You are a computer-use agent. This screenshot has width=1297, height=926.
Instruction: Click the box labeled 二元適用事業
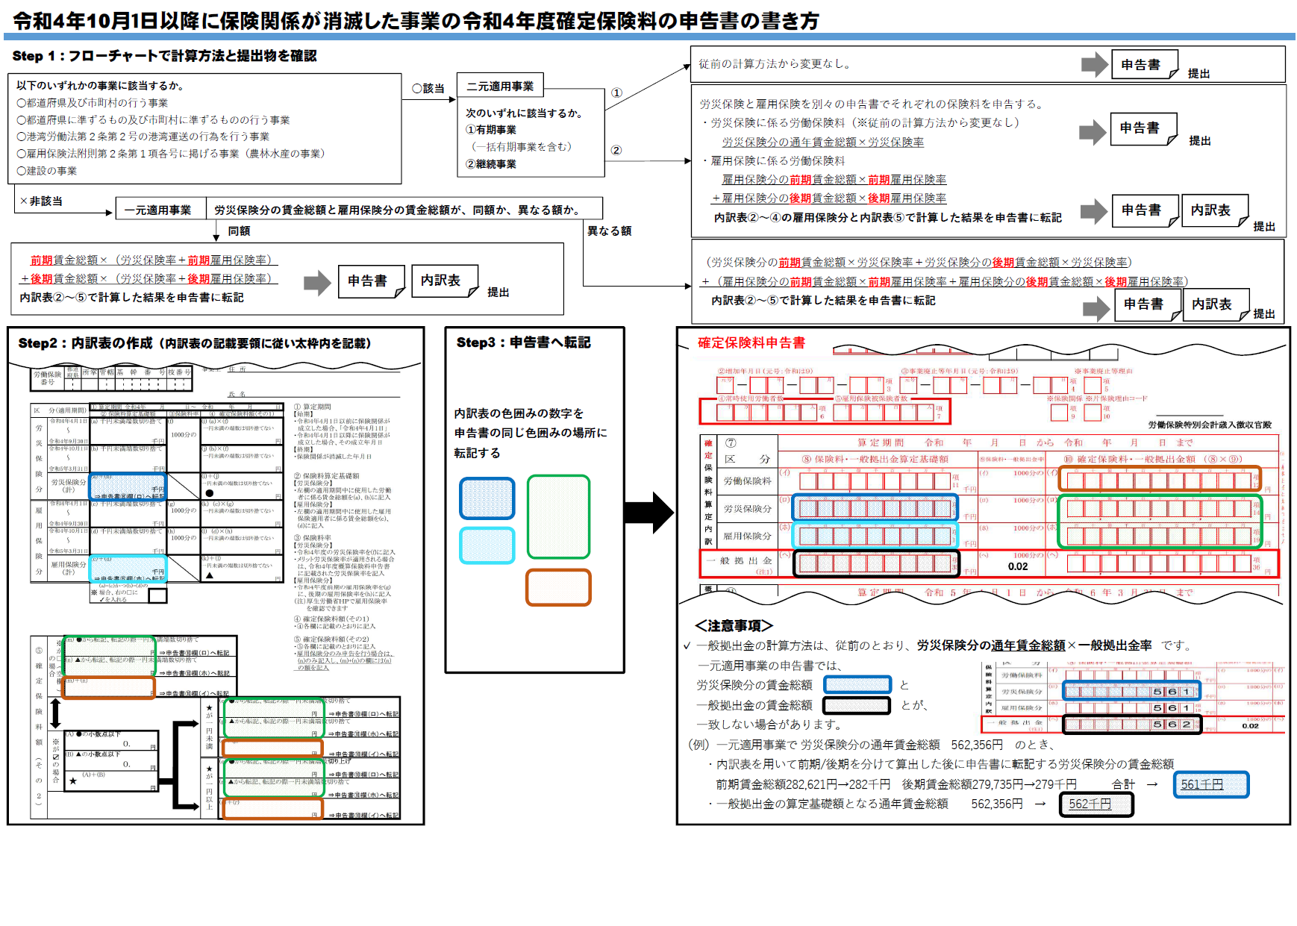point(500,86)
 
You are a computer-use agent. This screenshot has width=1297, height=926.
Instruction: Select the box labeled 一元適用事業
point(157,210)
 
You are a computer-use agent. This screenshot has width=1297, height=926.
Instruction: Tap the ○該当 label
point(428,88)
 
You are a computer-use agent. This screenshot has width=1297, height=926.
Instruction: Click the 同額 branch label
point(239,231)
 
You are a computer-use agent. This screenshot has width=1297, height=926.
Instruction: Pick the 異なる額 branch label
point(609,231)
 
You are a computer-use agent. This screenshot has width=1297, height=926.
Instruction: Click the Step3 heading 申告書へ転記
point(523,342)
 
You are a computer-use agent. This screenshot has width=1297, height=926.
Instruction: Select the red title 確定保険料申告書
point(751,342)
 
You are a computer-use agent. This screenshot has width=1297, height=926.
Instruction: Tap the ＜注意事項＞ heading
point(734,625)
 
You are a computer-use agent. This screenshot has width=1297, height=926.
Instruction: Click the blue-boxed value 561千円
point(1210,785)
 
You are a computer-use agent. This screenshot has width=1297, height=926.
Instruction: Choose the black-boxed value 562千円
point(1096,804)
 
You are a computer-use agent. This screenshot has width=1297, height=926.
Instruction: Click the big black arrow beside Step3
point(648,513)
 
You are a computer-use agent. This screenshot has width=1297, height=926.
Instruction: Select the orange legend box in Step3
point(558,587)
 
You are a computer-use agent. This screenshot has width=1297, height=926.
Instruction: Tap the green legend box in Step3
point(558,516)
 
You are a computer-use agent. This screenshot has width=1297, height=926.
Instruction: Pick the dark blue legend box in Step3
point(487,498)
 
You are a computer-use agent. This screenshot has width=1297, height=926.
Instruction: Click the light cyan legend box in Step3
point(487,545)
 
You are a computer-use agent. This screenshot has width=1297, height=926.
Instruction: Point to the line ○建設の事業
point(47,171)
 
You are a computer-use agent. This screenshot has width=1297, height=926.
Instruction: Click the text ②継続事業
point(491,164)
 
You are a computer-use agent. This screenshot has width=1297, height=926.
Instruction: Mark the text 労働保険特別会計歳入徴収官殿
point(1209,425)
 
